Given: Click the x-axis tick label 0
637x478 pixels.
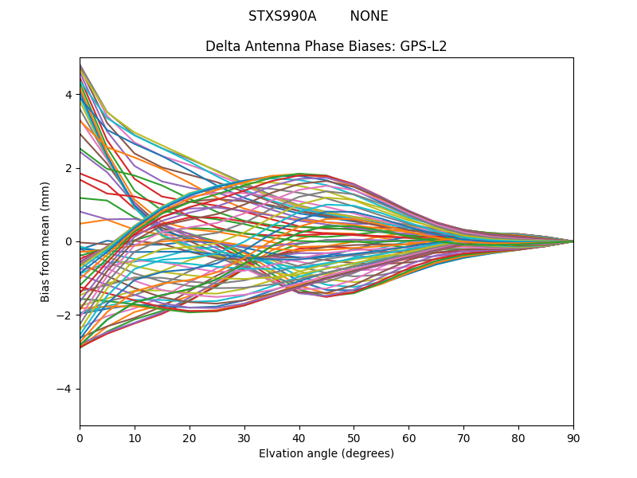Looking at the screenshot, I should (80, 437).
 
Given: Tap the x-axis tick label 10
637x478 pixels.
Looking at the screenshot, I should (135, 437).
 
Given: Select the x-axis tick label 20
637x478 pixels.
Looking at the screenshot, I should (190, 437).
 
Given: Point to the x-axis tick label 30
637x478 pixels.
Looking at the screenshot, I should (244, 437).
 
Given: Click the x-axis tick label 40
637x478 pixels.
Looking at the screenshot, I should (299, 437).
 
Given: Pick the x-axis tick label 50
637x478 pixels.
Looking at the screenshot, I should (354, 437).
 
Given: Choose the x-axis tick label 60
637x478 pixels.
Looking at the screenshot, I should (408, 437).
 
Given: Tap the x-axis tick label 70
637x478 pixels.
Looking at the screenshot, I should (463, 437).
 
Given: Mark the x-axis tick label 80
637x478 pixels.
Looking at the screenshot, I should (518, 437).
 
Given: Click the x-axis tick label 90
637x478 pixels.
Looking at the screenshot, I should (573, 437).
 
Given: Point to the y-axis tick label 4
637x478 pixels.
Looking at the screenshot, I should (68, 95).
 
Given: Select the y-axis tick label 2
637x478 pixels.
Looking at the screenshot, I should (68, 168).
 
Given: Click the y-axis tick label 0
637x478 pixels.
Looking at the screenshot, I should (68, 241).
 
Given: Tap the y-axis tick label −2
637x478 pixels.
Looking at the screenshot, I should (65, 315).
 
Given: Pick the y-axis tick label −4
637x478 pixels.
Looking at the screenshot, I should (65, 389).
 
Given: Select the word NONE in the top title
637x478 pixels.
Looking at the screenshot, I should (369, 16).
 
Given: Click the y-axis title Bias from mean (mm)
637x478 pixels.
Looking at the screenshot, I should (45, 241).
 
